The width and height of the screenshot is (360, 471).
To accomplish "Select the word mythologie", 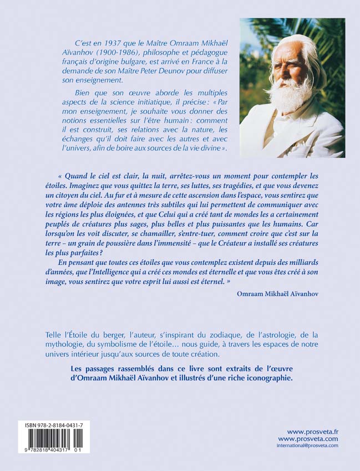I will click(64, 345).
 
